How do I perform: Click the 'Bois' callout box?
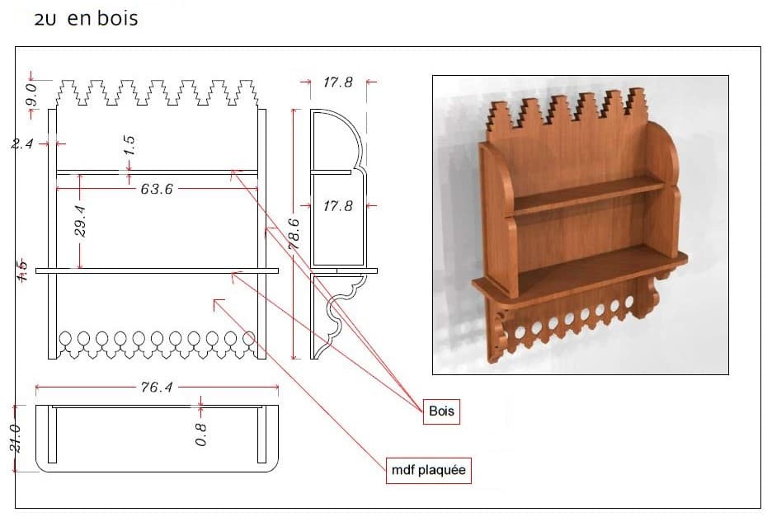pyautogui.click(x=442, y=411)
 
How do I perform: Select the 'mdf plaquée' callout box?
pyautogui.click(x=429, y=471)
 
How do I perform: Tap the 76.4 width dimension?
pyautogui.click(x=156, y=387)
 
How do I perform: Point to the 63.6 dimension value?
pyautogui.click(x=156, y=189)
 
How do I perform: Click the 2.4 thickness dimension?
pyautogui.click(x=22, y=143)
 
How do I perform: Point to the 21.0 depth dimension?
pyautogui.click(x=22, y=438)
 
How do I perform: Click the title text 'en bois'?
pyautogui.click(x=102, y=18)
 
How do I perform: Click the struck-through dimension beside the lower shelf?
pyautogui.click(x=22, y=269)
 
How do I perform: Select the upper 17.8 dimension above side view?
pyautogui.click(x=337, y=82)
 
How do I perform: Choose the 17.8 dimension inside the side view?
pyautogui.click(x=337, y=206)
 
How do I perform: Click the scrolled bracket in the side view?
pyautogui.click(x=342, y=312)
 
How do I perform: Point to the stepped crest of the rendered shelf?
pyautogui.click(x=569, y=111)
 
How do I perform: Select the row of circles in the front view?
pyautogui.click(x=156, y=338)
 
